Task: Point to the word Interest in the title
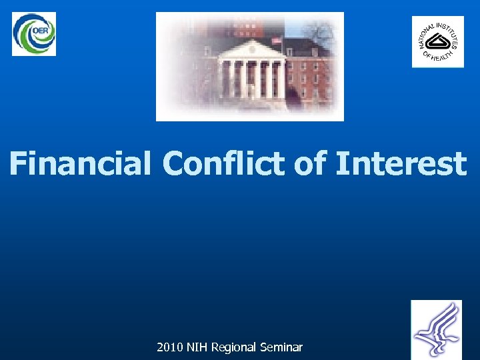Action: coord(400,164)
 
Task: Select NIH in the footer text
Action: coord(197,347)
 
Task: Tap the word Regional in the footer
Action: coord(235,347)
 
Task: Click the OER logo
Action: coord(34,34)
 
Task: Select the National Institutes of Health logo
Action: coord(437,42)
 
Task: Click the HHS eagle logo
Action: coord(436,329)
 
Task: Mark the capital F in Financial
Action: coord(20,164)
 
